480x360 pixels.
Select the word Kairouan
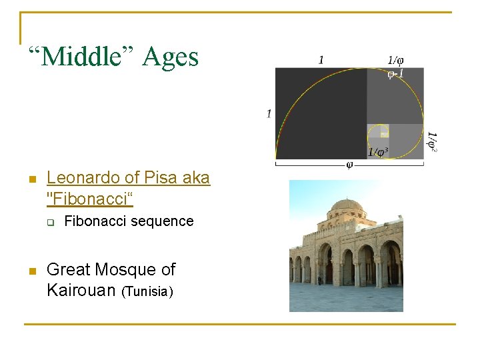pos(80,290)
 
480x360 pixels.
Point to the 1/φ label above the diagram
pos(395,60)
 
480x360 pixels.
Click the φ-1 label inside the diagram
pos(395,73)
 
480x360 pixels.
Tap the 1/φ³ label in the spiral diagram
pos(377,152)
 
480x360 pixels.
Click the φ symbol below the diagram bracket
pos(349,165)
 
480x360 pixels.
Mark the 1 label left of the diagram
pos(269,113)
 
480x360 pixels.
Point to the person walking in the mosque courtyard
pos(319,279)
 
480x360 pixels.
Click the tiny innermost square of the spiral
pos(384,134)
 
